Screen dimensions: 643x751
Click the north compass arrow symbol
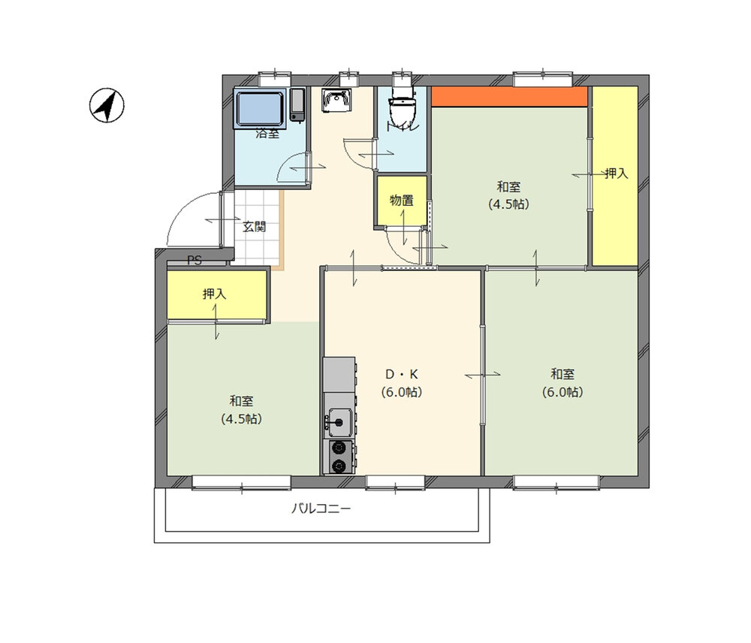coord(107,105)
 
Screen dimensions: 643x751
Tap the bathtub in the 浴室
coord(260,109)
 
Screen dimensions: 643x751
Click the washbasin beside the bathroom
coord(334,101)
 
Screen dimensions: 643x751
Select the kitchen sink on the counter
coord(339,422)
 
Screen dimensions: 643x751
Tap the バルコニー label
coord(321,509)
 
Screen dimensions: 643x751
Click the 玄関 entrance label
coord(254,225)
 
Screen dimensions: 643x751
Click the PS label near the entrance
coord(195,261)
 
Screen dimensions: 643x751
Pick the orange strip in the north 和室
coord(508,97)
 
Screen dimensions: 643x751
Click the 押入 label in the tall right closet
coord(616,174)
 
